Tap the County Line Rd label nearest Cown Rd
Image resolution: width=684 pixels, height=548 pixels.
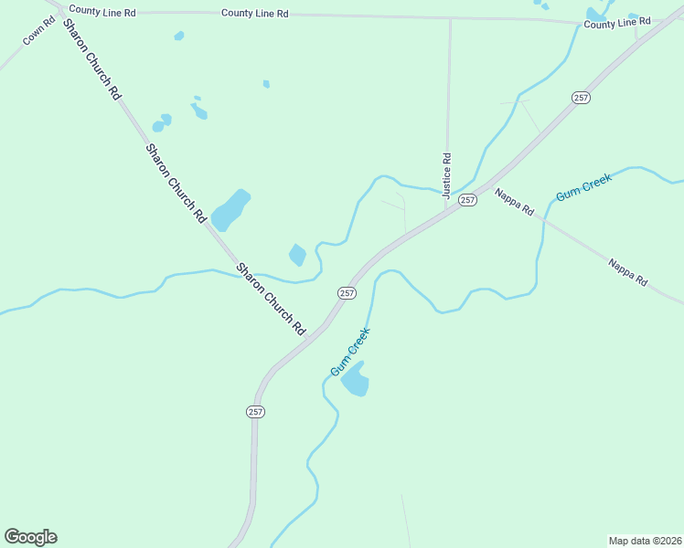pos(102,11)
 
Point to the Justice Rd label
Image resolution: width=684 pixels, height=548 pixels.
pos(447,175)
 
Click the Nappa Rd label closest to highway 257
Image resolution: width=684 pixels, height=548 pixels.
pos(514,202)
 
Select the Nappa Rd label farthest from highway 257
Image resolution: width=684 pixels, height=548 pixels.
pos(628,271)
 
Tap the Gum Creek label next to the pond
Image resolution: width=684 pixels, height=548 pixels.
pos(349,352)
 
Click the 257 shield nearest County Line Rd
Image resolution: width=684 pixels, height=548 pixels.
pos(580,97)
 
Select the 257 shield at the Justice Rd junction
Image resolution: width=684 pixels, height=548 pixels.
pos(467,199)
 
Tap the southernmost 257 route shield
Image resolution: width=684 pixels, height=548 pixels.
pos(255,412)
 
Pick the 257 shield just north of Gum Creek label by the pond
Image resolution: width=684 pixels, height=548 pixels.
pos(347,292)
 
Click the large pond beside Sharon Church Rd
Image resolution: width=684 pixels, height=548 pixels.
pos(230,210)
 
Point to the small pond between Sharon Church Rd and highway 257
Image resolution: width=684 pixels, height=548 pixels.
pos(297,255)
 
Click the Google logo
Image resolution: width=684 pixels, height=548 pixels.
pos(30,537)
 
